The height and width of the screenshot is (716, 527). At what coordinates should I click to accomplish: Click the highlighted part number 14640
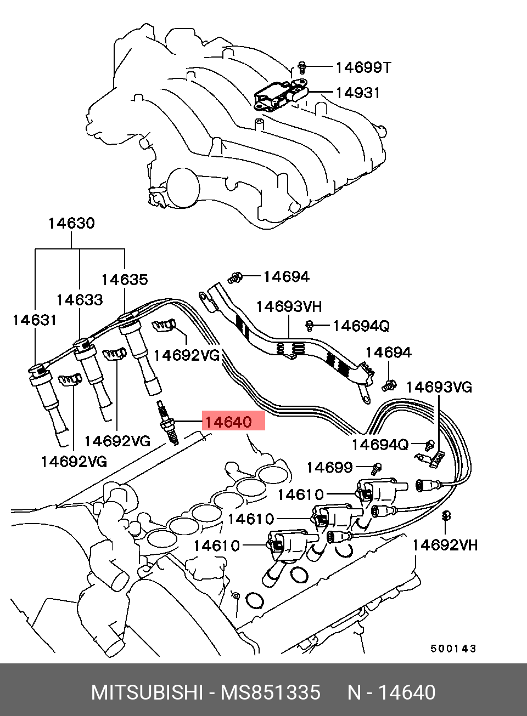pyautogui.click(x=228, y=422)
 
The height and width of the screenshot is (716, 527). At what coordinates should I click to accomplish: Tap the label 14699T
pyautogui.click(x=363, y=67)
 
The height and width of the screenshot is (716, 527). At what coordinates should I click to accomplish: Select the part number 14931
pyautogui.click(x=357, y=93)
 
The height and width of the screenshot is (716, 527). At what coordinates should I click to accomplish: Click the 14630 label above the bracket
pyautogui.click(x=71, y=223)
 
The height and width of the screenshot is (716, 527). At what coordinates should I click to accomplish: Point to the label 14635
pyautogui.click(x=125, y=280)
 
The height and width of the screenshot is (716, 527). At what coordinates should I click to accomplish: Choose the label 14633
pyautogui.click(x=80, y=300)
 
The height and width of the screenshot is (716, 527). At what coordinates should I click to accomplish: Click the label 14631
pyautogui.click(x=34, y=320)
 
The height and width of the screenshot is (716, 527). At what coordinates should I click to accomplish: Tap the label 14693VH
pyautogui.click(x=289, y=306)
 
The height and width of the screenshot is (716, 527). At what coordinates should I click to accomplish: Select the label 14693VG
pyautogui.click(x=439, y=387)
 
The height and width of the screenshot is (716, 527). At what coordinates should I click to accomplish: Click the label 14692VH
pyautogui.click(x=445, y=545)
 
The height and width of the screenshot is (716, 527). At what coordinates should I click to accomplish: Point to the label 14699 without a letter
pyautogui.click(x=329, y=467)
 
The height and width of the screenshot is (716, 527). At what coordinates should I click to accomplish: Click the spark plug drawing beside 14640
pyautogui.click(x=168, y=423)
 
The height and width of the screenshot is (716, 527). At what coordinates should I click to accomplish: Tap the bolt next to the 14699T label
pyautogui.click(x=301, y=67)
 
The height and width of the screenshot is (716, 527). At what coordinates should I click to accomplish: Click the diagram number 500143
pyautogui.click(x=453, y=649)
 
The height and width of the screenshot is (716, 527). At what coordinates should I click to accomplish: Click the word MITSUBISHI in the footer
pyautogui.click(x=147, y=692)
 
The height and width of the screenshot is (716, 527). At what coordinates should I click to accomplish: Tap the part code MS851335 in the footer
pyautogui.click(x=270, y=692)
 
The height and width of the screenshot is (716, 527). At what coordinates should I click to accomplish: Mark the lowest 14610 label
pyautogui.click(x=217, y=545)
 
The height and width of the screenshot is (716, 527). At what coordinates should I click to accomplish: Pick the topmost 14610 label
pyautogui.click(x=300, y=495)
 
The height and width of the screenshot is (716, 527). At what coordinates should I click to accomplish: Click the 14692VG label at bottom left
pyautogui.click(x=74, y=462)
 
